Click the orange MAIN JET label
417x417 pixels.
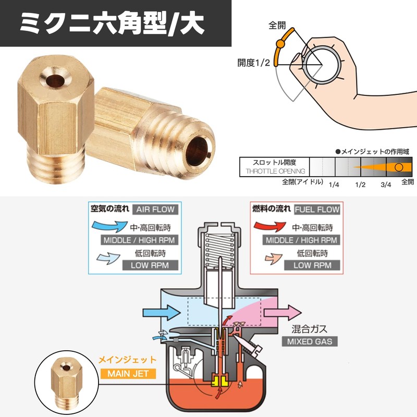click(x=128, y=373)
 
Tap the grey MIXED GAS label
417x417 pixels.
click(x=310, y=341)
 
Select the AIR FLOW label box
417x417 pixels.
click(x=155, y=210)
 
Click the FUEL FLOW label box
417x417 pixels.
click(x=317, y=210)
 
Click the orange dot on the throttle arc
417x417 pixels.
click(x=280, y=44)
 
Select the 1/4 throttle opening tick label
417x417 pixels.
click(x=334, y=185)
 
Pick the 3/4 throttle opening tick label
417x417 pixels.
click(x=386, y=185)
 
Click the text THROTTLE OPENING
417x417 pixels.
click(x=275, y=171)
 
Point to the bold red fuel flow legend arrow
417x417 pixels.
click(x=269, y=226)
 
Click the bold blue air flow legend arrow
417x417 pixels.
click(x=109, y=226)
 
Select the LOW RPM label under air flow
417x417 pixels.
click(x=150, y=265)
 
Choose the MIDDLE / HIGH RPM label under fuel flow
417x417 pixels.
click(x=301, y=240)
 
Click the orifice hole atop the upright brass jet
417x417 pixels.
click(x=55, y=81)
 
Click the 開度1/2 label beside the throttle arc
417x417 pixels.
click(x=254, y=63)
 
